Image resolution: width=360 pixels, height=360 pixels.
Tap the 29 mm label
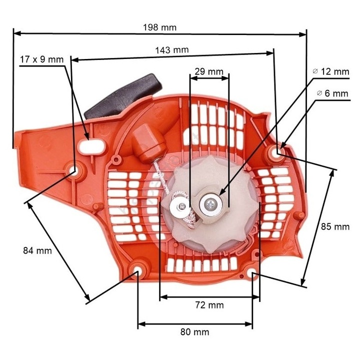pyautogui.click(x=208, y=71)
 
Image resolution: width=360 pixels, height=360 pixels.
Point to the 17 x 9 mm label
pyautogui.click(x=42, y=59)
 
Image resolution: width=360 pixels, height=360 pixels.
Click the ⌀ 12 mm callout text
pyautogui.click(x=330, y=71)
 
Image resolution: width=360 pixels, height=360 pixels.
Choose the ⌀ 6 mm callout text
pyautogui.click(x=332, y=93)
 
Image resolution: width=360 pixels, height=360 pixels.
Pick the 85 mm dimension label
pyautogui.click(x=334, y=226)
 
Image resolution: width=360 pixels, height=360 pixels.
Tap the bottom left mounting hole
pyautogui.click(x=137, y=271)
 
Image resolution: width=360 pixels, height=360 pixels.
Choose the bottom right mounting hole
pyautogui.click(x=253, y=273)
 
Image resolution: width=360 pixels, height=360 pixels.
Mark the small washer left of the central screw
pyautogui.click(x=179, y=205)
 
